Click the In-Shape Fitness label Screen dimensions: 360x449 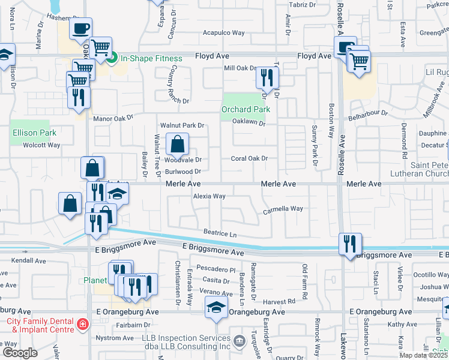pyautogui.click(x=151, y=58)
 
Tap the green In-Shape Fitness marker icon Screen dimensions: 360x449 pyautogui.click(x=112, y=58)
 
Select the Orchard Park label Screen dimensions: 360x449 pyautogui.click(x=246, y=109)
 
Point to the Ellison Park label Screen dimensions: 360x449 pyautogui.click(x=34, y=133)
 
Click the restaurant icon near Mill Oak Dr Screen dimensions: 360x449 pyautogui.click(x=267, y=77)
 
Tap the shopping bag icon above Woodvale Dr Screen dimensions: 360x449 pyautogui.click(x=178, y=143)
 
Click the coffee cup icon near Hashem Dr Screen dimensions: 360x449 pyautogui.click(x=80, y=28)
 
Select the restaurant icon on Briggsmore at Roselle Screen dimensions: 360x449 pyautogui.click(x=350, y=243)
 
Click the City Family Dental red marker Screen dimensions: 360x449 pyautogui.click(x=82, y=325)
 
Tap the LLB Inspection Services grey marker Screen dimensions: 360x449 pyautogui.click(x=240, y=342)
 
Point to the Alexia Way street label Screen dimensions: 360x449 pyautogui.click(x=209, y=196)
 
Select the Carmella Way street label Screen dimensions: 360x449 pyautogui.click(x=283, y=209)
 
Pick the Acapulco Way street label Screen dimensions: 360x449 pyautogui.click(x=223, y=33)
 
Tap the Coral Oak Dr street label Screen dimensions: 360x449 pyautogui.click(x=249, y=158)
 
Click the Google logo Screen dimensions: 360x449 pyautogui.click(x=20, y=353)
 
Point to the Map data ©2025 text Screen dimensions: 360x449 pyautogui.click(x=423, y=355)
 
